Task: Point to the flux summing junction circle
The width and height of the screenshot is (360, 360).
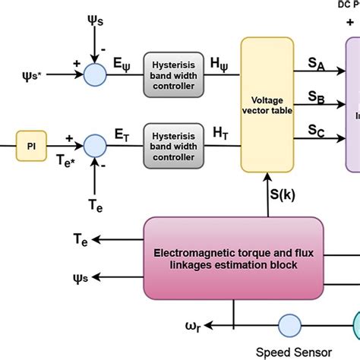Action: (x=95, y=74)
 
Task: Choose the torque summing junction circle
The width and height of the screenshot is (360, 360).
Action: (x=95, y=144)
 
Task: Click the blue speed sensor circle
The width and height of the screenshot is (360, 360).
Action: (x=289, y=326)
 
